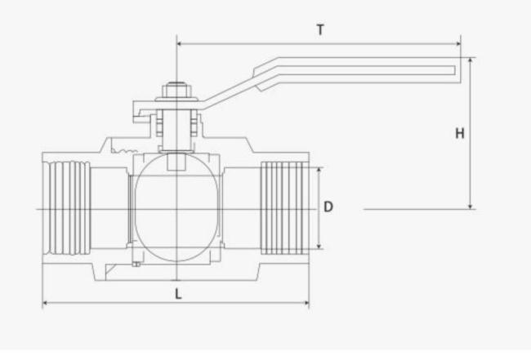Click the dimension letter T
(x=321, y=29)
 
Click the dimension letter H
(x=460, y=133)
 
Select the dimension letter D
(x=328, y=207)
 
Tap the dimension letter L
(x=177, y=293)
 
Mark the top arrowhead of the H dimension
(x=471, y=60)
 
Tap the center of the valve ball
(x=176, y=209)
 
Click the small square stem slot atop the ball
(x=176, y=162)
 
